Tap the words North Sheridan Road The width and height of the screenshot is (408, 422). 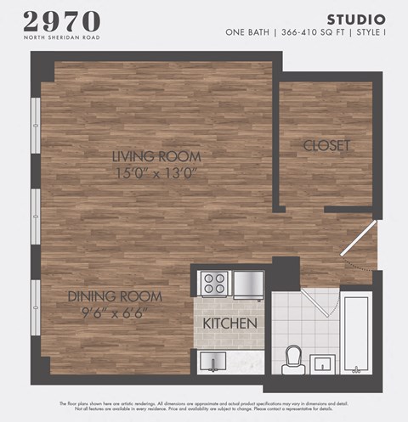tap(61, 37)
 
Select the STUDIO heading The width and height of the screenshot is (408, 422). tap(356, 19)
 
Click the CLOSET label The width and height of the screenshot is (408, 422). tap(327, 146)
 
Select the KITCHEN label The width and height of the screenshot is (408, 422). tap(229, 324)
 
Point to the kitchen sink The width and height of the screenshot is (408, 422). tap(212, 363)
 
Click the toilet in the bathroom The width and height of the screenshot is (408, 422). tap(295, 358)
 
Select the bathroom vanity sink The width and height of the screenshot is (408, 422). tap(323, 364)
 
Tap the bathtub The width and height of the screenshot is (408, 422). tap(355, 333)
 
